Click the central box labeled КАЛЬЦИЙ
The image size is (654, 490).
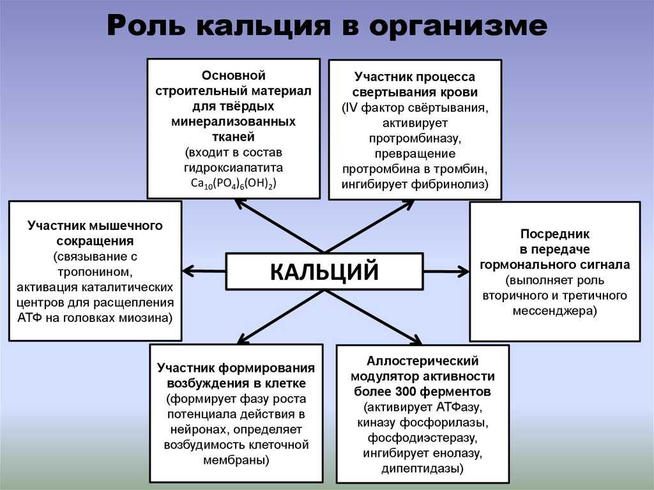pyautogui.click(x=324, y=272)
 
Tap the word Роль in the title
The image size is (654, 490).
pyautogui.click(x=146, y=25)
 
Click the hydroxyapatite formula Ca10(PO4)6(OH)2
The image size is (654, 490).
pyautogui.click(x=234, y=183)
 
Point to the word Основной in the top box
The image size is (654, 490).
pyautogui.click(x=234, y=75)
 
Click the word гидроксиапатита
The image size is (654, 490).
pyautogui.click(x=234, y=168)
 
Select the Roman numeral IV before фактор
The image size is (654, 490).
pyautogui.click(x=349, y=108)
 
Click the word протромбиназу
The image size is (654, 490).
pyautogui.click(x=414, y=138)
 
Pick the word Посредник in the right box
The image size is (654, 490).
pyautogui.click(x=555, y=234)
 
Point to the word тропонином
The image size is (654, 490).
pyautogui.click(x=95, y=272)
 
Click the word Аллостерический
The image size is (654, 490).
pyautogui.click(x=423, y=361)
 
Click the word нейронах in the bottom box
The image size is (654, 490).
pyautogui.click(x=200, y=430)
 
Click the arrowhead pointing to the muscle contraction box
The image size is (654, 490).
pyautogui.click(x=188, y=271)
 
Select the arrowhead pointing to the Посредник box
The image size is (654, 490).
pyautogui.click(x=463, y=272)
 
